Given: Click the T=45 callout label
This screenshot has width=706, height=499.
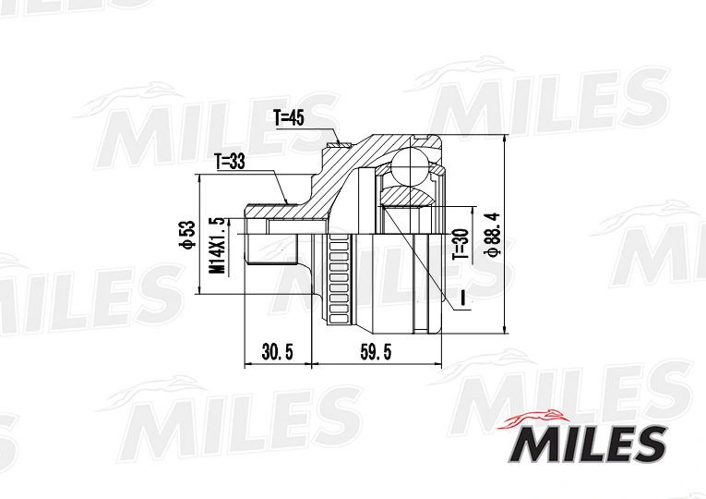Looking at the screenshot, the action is coord(289,118).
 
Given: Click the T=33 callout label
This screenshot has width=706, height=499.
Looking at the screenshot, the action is coord(230,162).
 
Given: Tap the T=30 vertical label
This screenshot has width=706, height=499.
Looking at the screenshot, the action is coord(461,243).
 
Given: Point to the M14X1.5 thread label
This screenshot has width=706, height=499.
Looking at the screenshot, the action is coord(217,245).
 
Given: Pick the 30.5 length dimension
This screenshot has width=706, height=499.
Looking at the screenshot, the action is coord(278,352).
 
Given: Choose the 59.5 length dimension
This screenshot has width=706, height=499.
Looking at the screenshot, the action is coord(376,352).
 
